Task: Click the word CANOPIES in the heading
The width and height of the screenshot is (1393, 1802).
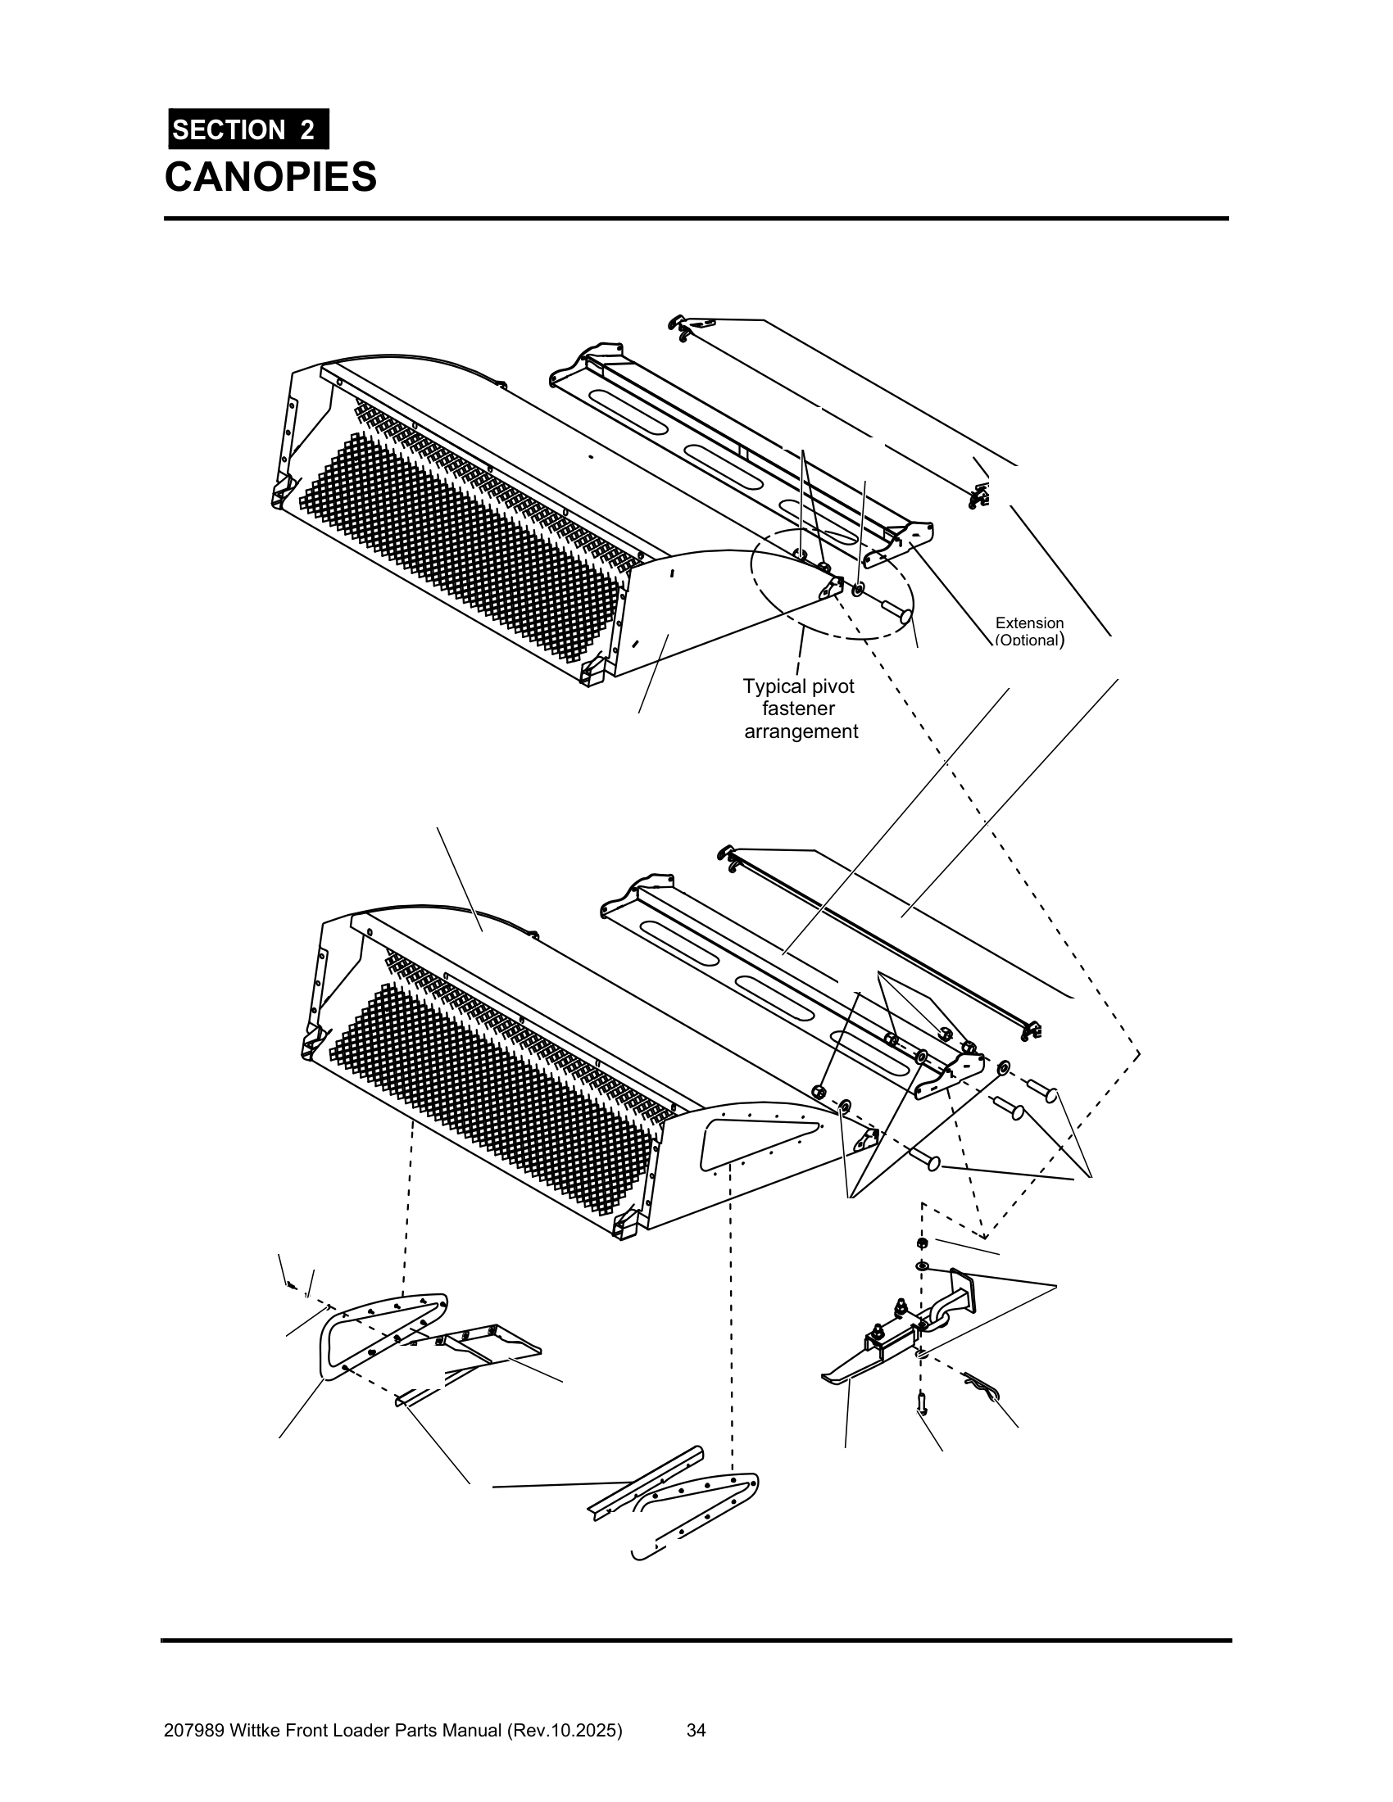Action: pyautogui.click(x=270, y=177)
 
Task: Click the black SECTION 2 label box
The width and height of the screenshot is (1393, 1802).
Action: pyautogui.click(x=248, y=129)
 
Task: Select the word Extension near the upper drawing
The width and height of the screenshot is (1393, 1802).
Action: pyautogui.click(x=1029, y=623)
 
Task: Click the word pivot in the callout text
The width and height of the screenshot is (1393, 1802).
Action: pyautogui.click(x=828, y=686)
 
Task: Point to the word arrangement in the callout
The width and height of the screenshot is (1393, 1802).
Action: pyautogui.click(x=801, y=731)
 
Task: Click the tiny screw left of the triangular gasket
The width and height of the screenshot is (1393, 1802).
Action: pyautogui.click(x=291, y=1285)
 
